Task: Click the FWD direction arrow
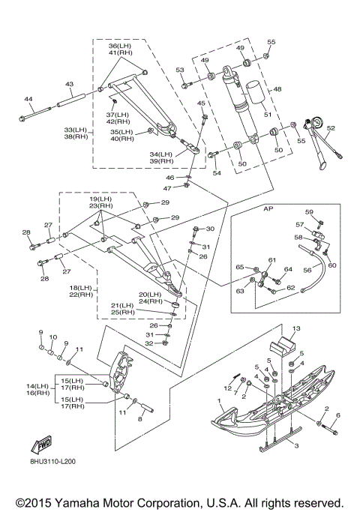[41, 445]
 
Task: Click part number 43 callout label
[70, 84]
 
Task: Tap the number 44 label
[28, 99]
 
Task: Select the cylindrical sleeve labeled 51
[256, 92]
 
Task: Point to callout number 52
[331, 128]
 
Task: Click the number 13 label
[296, 328]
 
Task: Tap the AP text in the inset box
[268, 208]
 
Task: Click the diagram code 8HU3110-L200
[52, 462]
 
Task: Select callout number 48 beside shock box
[277, 89]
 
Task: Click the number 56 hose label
[307, 270]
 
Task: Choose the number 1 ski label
[219, 400]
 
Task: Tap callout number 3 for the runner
[296, 446]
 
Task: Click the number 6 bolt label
[338, 415]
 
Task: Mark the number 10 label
[53, 337]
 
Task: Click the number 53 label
[180, 70]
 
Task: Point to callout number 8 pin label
[139, 419]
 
